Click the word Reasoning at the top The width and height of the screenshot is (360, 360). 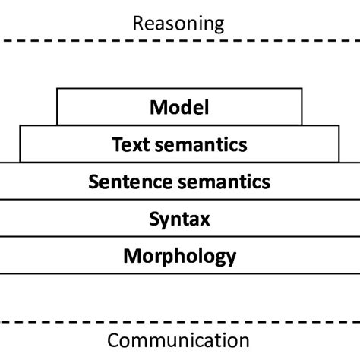pyautogui.click(x=179, y=23)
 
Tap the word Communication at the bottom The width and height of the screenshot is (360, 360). pyautogui.click(x=179, y=339)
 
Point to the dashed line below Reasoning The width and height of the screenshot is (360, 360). pyautogui.click(x=179, y=43)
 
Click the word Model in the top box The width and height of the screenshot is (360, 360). pyautogui.click(x=179, y=108)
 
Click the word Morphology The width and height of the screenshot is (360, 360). pyautogui.click(x=179, y=255)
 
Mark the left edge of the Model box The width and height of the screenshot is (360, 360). pyautogui.click(x=57, y=108)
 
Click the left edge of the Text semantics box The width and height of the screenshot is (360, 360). pyautogui.click(x=20, y=144)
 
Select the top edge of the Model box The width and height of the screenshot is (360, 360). pyautogui.click(x=179, y=89)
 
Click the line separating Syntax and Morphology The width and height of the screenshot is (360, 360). pyautogui.click(x=179, y=237)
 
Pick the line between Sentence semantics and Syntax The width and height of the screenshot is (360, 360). pyautogui.click(x=179, y=200)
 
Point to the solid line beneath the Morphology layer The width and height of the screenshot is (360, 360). pyautogui.click(x=179, y=273)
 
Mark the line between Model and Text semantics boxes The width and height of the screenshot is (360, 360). pyautogui.click(x=179, y=126)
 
